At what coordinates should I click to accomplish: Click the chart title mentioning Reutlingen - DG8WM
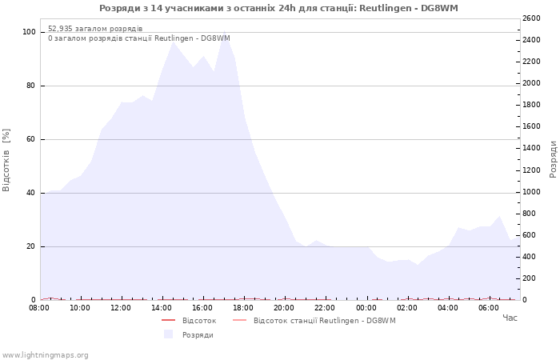[x=278, y=8]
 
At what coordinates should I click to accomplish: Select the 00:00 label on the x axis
[x=366, y=308]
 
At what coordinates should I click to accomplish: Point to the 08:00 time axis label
[x=39, y=308]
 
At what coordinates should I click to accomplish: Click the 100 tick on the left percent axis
[x=29, y=32]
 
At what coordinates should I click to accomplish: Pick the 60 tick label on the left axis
[x=30, y=139]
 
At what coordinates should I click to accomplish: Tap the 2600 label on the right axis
[x=531, y=18]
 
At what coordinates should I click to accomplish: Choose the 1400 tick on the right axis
[x=531, y=148]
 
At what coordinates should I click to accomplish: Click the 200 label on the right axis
[x=530, y=278]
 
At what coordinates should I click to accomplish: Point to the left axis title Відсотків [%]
[x=6, y=160]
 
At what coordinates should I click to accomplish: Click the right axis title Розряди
[x=553, y=159]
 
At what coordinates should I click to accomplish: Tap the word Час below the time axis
[x=510, y=318]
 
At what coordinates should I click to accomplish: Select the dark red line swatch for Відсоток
[x=168, y=320]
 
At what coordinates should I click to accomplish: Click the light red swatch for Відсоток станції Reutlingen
[x=240, y=320]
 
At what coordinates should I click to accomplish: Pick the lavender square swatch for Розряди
[x=168, y=334]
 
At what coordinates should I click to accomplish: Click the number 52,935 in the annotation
[x=60, y=29]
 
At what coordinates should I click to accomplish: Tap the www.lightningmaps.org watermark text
[x=45, y=355]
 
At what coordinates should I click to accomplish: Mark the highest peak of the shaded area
[x=224, y=30]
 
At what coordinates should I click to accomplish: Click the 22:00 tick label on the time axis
[x=325, y=308]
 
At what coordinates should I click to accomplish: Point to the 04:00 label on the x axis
[x=448, y=308]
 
